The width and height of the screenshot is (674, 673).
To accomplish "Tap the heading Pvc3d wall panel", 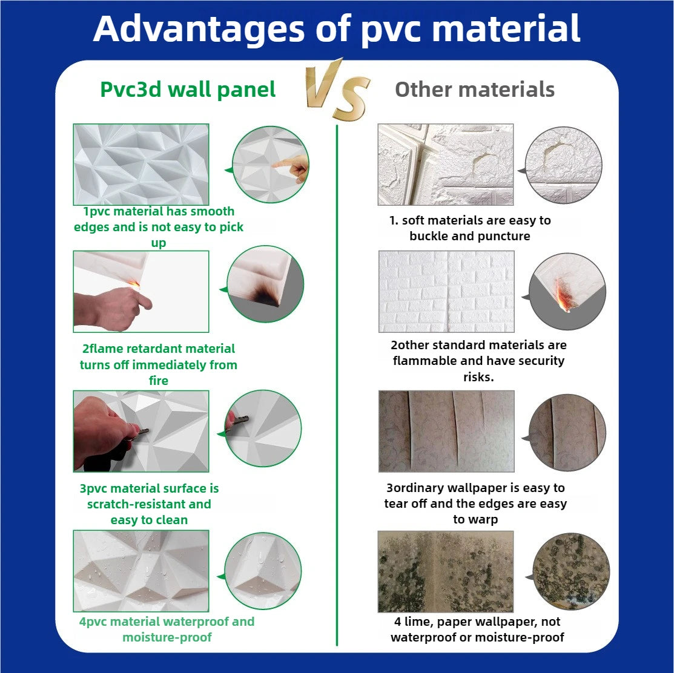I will coord(188,90).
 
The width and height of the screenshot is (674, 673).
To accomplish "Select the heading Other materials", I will coord(475,90).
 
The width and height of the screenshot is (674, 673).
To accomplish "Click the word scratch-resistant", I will coord(149,504).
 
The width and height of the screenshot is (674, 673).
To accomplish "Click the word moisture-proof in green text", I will coord(167,637).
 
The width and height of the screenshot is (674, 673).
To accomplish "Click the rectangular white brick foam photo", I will coord(446,292).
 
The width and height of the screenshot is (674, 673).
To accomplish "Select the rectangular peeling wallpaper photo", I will coord(446,431).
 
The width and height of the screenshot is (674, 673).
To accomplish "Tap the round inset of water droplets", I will coord(263,571).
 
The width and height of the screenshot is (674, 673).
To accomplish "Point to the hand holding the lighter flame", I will coord(109,307).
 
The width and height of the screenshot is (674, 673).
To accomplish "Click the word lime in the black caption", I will coord(415,622).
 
